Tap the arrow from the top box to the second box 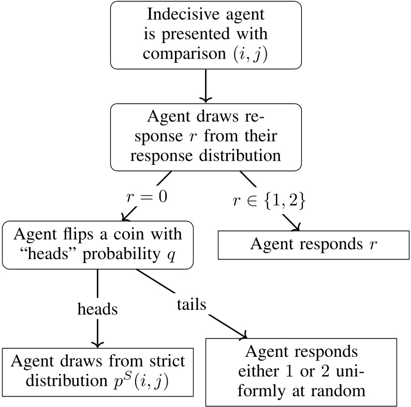[x=206, y=85]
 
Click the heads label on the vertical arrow [x=97, y=309]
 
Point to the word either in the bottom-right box [x=261, y=371]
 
